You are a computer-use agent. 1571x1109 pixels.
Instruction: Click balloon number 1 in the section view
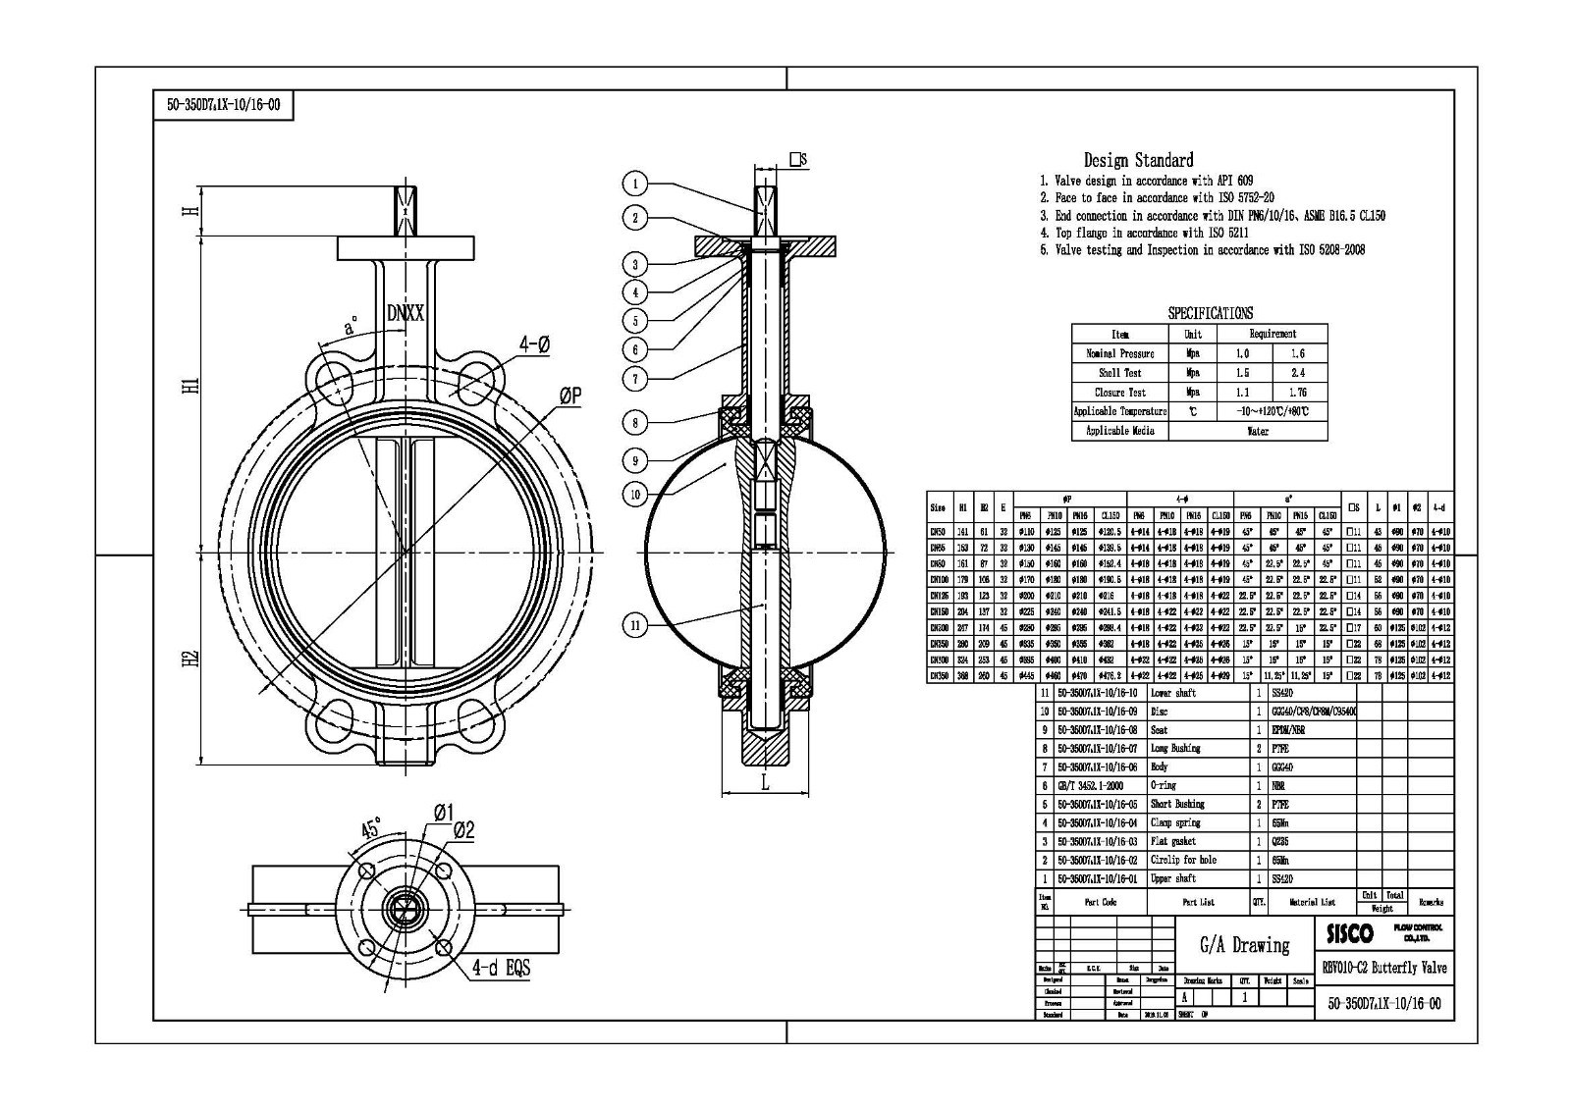tap(635, 183)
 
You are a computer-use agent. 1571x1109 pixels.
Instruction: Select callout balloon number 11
tap(635, 624)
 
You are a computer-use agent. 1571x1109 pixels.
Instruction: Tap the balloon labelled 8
tap(635, 423)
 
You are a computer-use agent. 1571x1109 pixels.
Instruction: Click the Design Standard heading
tap(1138, 160)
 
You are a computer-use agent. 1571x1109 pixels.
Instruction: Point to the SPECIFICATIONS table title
tap(1210, 313)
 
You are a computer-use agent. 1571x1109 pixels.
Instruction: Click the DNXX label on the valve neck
tap(405, 313)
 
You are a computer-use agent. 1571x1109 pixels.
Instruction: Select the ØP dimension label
tap(570, 396)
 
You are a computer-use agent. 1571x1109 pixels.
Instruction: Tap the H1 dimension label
tap(192, 386)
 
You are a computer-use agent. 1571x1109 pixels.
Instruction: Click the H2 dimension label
tap(192, 659)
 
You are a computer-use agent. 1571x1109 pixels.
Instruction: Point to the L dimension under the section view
tap(765, 782)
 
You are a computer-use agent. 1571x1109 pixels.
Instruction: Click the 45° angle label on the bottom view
tap(371, 827)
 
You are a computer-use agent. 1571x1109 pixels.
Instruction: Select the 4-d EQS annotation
tap(500, 969)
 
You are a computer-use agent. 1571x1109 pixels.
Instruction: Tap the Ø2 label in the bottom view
tap(463, 829)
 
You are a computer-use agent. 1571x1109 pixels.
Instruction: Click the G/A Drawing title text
tap(1245, 945)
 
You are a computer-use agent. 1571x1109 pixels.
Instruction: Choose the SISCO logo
tap(1349, 932)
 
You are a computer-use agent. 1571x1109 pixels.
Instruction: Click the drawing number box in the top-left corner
tap(224, 105)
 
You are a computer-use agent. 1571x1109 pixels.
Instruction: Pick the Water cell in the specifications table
tap(1257, 431)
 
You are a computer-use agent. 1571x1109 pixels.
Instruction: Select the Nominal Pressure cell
tap(1119, 353)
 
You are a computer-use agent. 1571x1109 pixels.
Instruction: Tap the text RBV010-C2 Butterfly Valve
tap(1384, 968)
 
